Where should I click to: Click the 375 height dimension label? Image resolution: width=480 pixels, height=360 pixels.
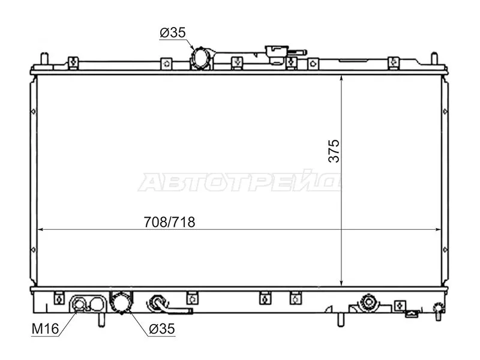point(334,151)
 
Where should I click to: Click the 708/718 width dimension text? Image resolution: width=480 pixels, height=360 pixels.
point(170,221)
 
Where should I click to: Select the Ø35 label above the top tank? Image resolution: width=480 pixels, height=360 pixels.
point(172,34)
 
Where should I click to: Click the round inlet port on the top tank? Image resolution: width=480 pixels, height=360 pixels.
point(200,59)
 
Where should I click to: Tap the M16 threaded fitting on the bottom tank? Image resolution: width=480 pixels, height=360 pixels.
point(79,305)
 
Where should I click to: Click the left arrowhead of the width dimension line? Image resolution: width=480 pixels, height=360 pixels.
point(41,229)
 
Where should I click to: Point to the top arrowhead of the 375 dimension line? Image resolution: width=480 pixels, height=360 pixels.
point(341,78)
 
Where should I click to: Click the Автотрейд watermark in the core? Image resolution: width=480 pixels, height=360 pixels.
point(240,182)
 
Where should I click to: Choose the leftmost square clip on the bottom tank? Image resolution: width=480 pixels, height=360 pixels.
point(59,297)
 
